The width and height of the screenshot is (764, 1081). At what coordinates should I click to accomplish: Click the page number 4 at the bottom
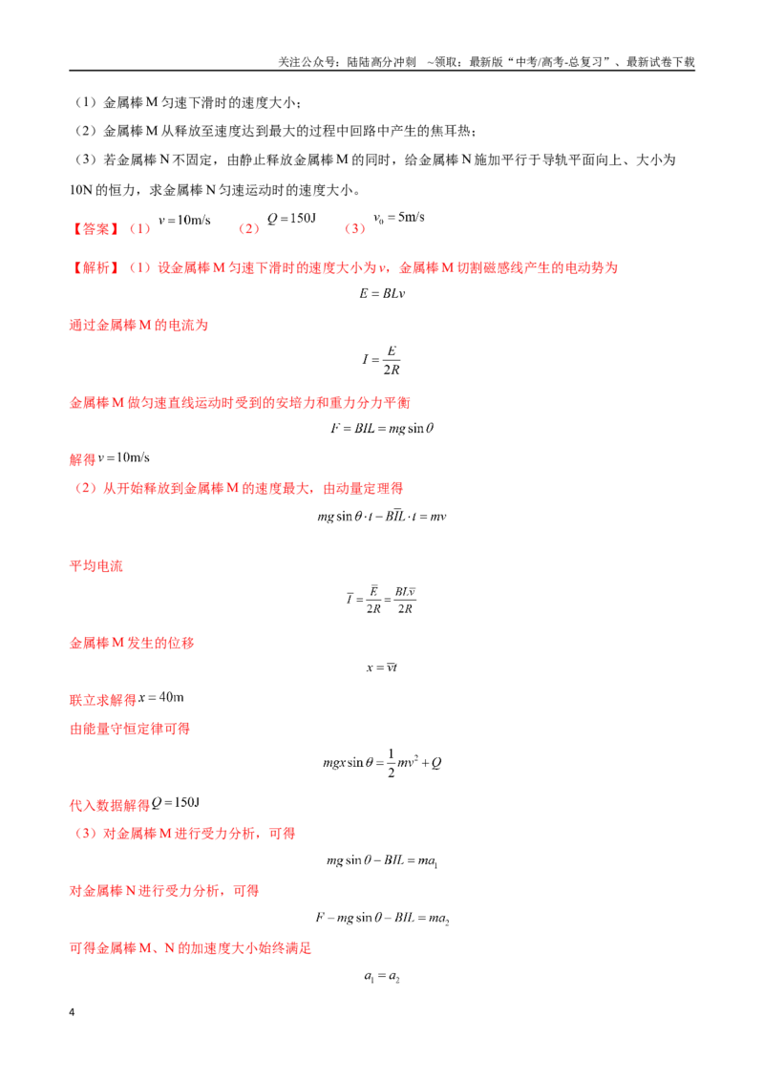pyautogui.click(x=72, y=1012)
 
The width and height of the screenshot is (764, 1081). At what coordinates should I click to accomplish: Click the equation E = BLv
pyautogui.click(x=382, y=293)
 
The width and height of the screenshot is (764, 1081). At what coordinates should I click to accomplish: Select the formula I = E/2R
pyautogui.click(x=381, y=360)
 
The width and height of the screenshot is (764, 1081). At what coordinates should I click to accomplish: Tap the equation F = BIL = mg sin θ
pyautogui.click(x=382, y=428)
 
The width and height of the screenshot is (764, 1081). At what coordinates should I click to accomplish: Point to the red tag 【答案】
pyautogui.click(x=95, y=228)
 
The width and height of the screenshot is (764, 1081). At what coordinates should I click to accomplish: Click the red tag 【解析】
pyautogui.click(x=95, y=267)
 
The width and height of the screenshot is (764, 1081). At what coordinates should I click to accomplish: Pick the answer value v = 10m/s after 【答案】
pyautogui.click(x=184, y=220)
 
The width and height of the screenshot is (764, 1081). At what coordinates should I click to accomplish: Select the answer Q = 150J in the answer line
pyautogui.click(x=291, y=219)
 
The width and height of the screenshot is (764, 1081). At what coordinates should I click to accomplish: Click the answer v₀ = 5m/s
pyautogui.click(x=399, y=218)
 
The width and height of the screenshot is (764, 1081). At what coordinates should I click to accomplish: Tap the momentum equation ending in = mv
pyautogui.click(x=382, y=516)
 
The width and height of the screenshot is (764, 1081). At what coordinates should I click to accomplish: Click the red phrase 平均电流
pyautogui.click(x=95, y=566)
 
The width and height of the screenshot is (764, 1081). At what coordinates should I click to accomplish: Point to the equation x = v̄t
pyautogui.click(x=382, y=667)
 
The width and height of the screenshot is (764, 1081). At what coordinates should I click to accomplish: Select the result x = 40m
pyautogui.click(x=161, y=697)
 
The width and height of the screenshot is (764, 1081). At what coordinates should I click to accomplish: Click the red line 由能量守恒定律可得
pyautogui.click(x=130, y=729)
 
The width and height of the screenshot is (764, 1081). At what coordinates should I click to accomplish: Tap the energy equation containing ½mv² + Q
pyautogui.click(x=382, y=762)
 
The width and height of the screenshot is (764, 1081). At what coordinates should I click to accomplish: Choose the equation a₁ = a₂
pyautogui.click(x=382, y=976)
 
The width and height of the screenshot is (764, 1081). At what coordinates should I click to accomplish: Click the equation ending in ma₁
pyautogui.click(x=382, y=860)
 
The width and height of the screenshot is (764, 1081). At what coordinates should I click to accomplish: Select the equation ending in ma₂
pyautogui.click(x=382, y=918)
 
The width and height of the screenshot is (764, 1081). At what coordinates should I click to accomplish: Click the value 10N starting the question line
pyautogui.click(x=80, y=190)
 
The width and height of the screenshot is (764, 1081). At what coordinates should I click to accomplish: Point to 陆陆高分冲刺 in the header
pyautogui.click(x=381, y=62)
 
